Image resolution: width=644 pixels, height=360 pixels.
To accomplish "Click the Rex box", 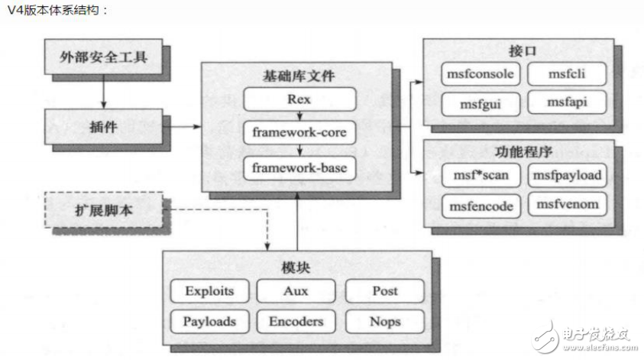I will pyautogui.click(x=299, y=99).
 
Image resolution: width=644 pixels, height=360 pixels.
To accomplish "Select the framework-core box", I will pyautogui.click(x=299, y=133).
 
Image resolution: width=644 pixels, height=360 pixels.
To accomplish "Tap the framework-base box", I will pyautogui.click(x=299, y=167).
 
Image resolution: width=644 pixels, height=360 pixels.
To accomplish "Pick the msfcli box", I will pyautogui.click(x=567, y=74).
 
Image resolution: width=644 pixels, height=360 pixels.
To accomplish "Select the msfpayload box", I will pyautogui.click(x=567, y=176).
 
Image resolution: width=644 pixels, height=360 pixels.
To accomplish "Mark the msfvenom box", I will pyautogui.click(x=567, y=204).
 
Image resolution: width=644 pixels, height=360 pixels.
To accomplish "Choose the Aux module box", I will pyautogui.click(x=296, y=291).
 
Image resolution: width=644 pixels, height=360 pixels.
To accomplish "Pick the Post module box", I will pyautogui.click(x=384, y=291).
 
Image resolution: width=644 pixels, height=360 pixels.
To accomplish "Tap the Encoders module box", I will pyautogui.click(x=296, y=321).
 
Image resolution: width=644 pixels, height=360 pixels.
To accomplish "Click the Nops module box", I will pyautogui.click(x=384, y=321).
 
